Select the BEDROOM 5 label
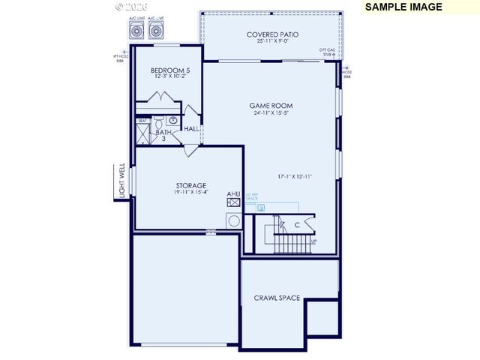(x=166, y=70)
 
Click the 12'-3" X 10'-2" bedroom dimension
(x=166, y=76)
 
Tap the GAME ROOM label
(x=271, y=106)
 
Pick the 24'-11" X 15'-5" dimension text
(x=271, y=113)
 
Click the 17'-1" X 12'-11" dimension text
(x=294, y=177)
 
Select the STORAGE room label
(x=191, y=185)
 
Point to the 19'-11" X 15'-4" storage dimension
(x=191, y=193)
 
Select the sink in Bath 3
(x=172, y=120)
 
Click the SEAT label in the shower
(x=142, y=121)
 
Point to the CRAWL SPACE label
(x=277, y=298)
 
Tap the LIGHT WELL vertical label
(x=120, y=182)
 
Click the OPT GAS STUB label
(x=328, y=49)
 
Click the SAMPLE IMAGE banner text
(x=403, y=7)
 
